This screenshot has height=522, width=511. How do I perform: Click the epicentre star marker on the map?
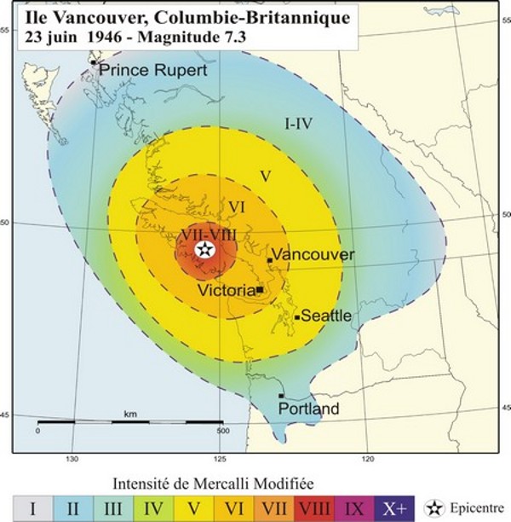[x=204, y=249]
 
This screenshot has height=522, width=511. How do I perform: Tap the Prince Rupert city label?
[x=152, y=70]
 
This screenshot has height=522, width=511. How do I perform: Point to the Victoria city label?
[x=227, y=291]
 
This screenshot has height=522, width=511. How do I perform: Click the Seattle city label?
[x=327, y=316]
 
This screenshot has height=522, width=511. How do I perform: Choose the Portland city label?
[x=308, y=409]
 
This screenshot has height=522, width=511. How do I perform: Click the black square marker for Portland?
[x=281, y=396]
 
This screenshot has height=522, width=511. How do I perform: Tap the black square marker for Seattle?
[x=297, y=317]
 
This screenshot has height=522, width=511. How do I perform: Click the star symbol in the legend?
[x=435, y=508]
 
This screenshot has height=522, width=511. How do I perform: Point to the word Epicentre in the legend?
[x=478, y=508]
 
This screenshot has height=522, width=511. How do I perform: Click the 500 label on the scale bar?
[x=222, y=431]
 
